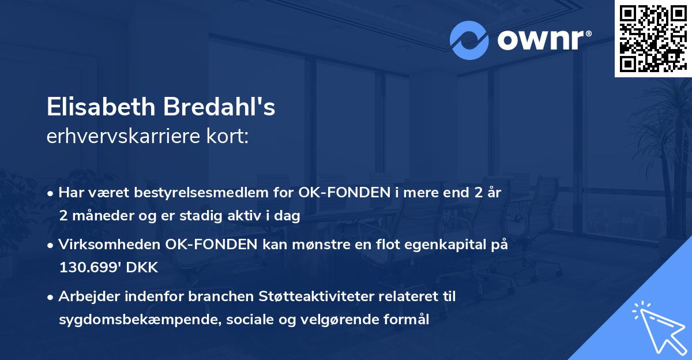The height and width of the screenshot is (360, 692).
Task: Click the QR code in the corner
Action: tap(653, 39)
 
